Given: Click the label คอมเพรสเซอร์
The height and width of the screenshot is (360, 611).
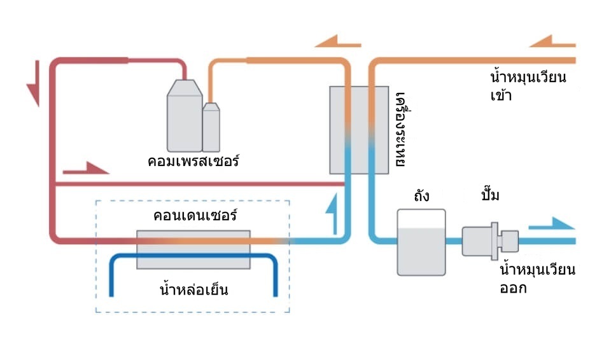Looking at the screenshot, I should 193,160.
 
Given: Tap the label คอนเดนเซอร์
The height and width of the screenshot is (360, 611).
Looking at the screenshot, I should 195,216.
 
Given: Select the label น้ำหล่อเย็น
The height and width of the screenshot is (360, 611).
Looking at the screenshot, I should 193,291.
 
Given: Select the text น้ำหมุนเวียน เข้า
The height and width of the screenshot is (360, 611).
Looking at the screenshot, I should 528,87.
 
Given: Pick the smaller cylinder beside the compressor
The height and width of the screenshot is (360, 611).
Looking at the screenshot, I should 211,127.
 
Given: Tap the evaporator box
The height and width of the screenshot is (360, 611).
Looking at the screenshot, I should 359,130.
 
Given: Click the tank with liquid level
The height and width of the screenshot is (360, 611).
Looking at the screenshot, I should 421,242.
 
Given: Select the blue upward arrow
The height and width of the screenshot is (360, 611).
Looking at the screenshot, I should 331,215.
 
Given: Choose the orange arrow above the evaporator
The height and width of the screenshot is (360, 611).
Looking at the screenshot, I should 337,42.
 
